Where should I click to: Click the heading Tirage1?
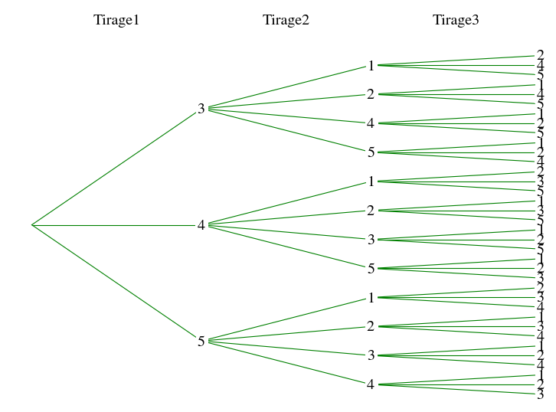click(x=116, y=20)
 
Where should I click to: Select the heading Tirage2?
click(x=286, y=20)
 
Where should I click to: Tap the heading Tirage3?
click(x=455, y=20)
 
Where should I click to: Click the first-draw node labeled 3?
click(x=201, y=109)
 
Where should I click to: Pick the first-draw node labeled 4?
click(x=201, y=225)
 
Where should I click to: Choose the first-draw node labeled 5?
click(x=201, y=342)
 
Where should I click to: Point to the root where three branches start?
click(x=31, y=225)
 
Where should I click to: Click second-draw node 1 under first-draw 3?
click(x=371, y=66)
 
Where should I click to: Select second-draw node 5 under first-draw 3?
click(x=371, y=152)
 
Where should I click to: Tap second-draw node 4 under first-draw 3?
click(x=371, y=123)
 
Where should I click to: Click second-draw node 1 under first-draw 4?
click(x=371, y=181)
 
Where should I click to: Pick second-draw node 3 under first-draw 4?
click(x=371, y=240)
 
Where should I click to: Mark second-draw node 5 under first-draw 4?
click(x=371, y=269)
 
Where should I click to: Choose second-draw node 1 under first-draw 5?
click(x=371, y=298)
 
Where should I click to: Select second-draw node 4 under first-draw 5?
click(x=371, y=384)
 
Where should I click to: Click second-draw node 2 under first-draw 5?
click(x=371, y=327)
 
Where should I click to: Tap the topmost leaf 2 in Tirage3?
click(x=540, y=55)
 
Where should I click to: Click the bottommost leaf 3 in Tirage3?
click(x=540, y=394)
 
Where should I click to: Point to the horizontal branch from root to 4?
click(x=115, y=225)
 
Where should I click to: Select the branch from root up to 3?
click(x=115, y=168)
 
